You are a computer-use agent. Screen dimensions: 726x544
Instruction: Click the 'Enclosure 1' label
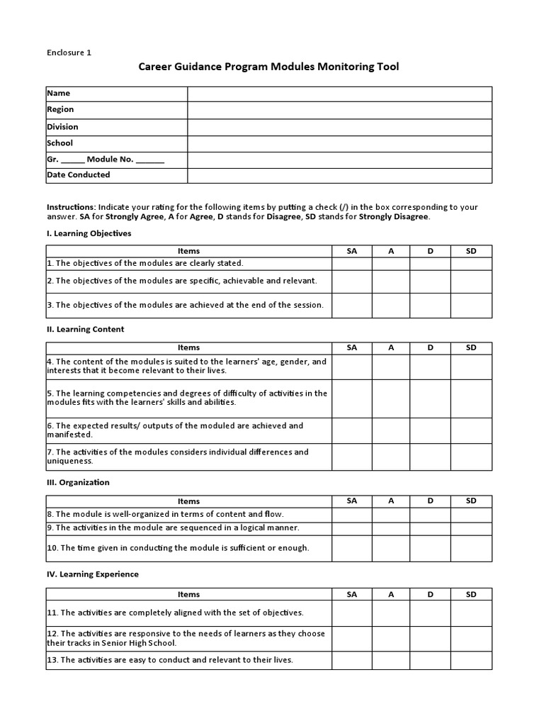click(x=69, y=52)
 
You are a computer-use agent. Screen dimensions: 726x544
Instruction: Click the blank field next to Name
click(x=339, y=94)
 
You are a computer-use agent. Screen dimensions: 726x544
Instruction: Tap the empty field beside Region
click(x=339, y=110)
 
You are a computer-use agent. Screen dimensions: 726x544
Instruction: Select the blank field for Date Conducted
click(x=339, y=175)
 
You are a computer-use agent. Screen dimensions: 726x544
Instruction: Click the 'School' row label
click(x=60, y=143)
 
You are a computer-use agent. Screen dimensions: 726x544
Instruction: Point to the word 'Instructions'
click(x=70, y=207)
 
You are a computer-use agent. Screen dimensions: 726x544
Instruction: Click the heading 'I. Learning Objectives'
click(x=89, y=233)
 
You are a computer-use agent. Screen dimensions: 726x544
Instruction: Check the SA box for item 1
click(x=352, y=263)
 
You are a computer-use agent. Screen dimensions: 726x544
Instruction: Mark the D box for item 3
click(x=430, y=306)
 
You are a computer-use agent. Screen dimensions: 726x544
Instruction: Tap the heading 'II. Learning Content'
click(x=86, y=329)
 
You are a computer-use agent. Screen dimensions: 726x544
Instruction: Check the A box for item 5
click(x=391, y=398)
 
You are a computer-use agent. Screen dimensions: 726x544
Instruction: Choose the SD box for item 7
click(x=471, y=457)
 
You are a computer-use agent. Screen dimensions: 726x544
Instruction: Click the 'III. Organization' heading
click(x=79, y=482)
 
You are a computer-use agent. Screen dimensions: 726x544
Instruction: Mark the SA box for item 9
click(x=352, y=528)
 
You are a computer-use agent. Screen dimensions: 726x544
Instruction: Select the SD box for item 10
click(x=471, y=548)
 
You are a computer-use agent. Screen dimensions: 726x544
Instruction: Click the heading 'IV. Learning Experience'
click(x=93, y=574)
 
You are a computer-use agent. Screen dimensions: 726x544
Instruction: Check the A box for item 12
click(x=391, y=639)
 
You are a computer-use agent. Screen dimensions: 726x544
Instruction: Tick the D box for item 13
click(x=430, y=660)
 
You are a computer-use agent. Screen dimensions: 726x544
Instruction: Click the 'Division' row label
click(x=63, y=127)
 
